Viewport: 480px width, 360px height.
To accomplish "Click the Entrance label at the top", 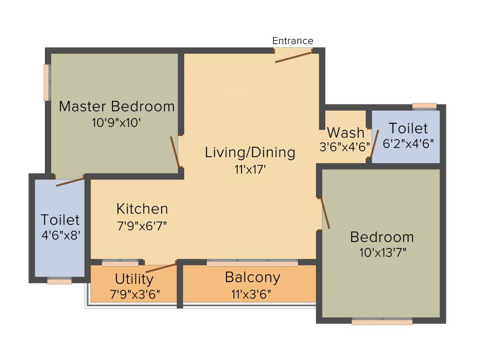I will [292, 41].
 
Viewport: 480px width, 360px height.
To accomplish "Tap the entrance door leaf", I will [293, 57].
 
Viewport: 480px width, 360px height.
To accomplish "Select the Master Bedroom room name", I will [117, 106].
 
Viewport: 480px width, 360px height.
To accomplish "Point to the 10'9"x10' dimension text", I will [117, 123].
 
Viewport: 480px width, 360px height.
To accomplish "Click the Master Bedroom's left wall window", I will [47, 82].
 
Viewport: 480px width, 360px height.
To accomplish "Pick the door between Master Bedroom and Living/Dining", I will [175, 151].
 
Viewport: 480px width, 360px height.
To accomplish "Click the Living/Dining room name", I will [250, 152].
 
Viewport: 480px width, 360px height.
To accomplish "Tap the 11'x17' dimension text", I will [250, 170].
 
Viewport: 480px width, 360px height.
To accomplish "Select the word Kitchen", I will [142, 208].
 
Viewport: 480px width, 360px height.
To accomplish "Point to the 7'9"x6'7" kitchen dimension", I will [142, 225].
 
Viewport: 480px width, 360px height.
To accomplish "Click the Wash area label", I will [345, 132].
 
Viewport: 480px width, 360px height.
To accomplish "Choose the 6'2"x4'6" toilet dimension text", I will [408, 144].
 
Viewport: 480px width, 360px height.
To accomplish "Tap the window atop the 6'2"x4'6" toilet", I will [424, 106].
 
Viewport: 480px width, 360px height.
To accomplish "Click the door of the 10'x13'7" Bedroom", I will [325, 213].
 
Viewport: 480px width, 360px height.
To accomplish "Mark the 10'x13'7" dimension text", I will [382, 253].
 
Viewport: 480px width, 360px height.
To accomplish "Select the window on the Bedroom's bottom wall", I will [382, 322].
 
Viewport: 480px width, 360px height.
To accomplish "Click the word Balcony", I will [252, 277].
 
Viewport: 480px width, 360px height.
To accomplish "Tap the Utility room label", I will [134, 279].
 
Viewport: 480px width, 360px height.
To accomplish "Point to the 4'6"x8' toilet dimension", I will [60, 235].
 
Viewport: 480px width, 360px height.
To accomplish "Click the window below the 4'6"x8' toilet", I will [60, 281].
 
